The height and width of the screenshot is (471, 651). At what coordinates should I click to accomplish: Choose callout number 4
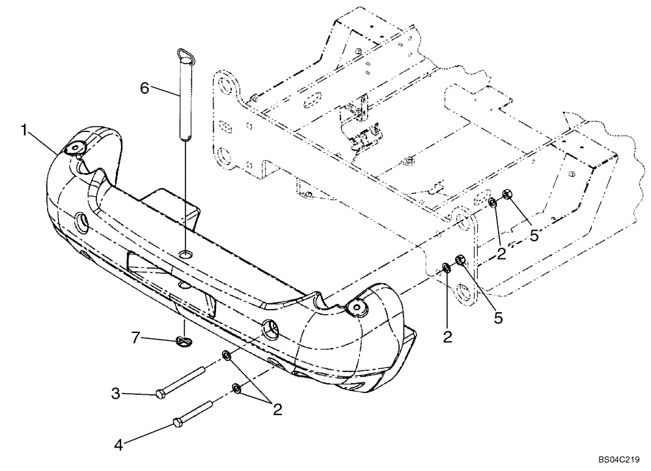tap(118, 446)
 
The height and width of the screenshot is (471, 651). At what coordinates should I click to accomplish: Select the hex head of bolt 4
tap(178, 424)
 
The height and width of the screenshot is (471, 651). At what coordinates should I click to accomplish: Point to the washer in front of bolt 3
tap(225, 356)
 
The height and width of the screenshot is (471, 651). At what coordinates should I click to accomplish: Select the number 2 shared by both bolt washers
tap(277, 409)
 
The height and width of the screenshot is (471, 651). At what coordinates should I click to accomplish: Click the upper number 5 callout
tap(533, 235)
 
